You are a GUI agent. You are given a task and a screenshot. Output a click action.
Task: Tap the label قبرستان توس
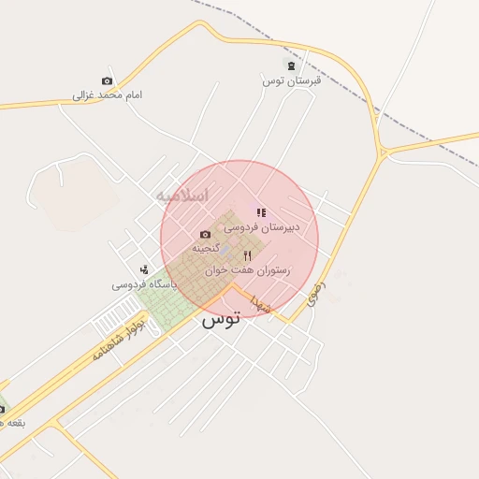pos(291,80)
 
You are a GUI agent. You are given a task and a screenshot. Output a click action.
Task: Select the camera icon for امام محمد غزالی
pos(107,81)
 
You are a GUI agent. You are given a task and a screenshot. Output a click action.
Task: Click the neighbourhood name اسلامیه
pos(181,196)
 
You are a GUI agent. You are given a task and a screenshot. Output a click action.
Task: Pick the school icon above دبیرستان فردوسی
pos(260,212)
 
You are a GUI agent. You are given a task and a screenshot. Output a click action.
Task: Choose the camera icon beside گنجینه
pos(205,234)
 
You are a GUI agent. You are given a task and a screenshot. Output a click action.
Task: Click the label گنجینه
pos(206,248)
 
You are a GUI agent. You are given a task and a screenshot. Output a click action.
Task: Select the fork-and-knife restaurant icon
pos(247,254)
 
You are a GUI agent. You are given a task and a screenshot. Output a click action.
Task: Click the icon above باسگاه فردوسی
pos(143,269)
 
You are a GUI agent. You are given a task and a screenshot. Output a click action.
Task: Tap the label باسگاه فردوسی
pos(145,283)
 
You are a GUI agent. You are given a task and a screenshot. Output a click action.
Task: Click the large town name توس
pos(221,318)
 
